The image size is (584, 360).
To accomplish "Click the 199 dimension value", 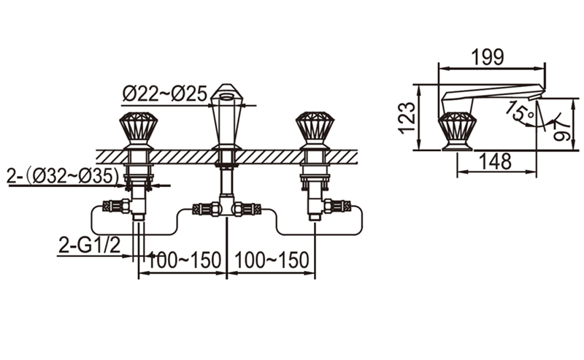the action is coord(488,58).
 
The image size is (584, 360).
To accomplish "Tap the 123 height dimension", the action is coord(407,118).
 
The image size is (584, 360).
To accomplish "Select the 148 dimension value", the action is coord(495,161).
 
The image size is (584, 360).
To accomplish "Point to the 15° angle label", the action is coord(520,110).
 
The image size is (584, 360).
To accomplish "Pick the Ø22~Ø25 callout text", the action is coord(165,93).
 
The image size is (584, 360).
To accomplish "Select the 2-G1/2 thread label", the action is coord(89,245).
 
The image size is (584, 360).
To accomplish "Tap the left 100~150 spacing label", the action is coord(184,260).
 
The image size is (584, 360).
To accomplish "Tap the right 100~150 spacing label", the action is coord(272,260).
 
